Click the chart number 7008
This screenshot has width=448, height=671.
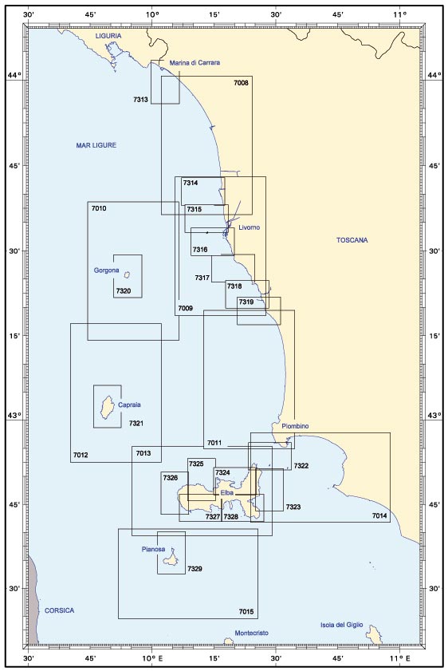[x=241, y=83]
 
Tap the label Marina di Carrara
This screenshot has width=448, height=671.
[x=195, y=62]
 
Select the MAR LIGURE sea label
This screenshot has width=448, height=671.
[x=96, y=145]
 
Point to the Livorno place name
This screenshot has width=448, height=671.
[x=250, y=227]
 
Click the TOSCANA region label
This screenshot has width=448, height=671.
[x=352, y=240]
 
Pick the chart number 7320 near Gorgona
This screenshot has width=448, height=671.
[x=124, y=291]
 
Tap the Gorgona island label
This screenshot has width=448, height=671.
[x=107, y=270]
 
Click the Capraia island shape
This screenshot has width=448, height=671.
[x=107, y=407]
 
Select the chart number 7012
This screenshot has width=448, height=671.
[x=81, y=455]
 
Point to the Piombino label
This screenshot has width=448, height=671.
[x=296, y=426]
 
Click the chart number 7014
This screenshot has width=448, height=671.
[x=379, y=515]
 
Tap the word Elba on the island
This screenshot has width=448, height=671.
[x=227, y=493]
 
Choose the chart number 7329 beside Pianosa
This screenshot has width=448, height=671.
[x=195, y=569]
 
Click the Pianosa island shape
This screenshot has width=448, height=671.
[x=171, y=557]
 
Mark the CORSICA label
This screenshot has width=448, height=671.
[x=60, y=610]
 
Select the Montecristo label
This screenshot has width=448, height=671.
[x=252, y=633]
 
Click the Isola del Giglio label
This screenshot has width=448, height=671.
[x=341, y=625]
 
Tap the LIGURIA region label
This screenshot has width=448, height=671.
[x=108, y=36]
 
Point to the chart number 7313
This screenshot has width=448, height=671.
[x=140, y=100]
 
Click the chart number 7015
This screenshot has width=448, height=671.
[x=246, y=611]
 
